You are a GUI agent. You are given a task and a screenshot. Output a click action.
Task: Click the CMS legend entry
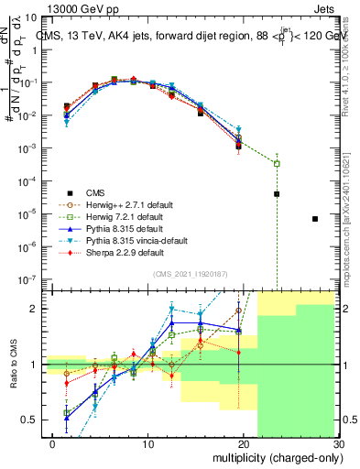[94, 192]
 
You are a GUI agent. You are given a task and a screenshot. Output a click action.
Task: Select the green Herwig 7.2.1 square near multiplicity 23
[277, 163]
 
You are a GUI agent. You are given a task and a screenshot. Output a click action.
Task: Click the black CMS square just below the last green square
[277, 194]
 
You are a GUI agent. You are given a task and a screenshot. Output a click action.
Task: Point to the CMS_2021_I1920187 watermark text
[190, 274]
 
